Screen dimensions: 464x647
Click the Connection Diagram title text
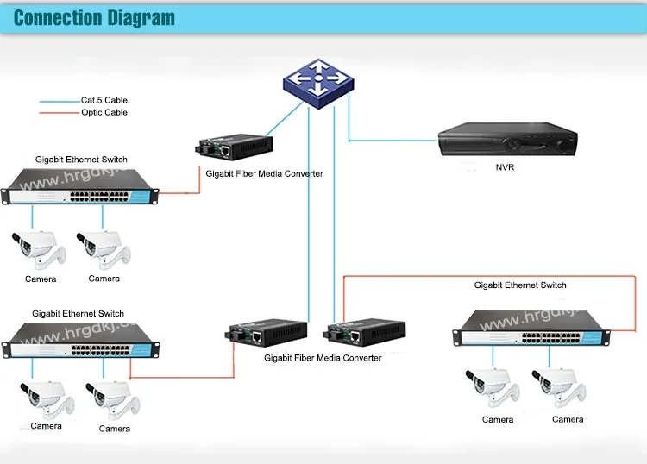click(95, 18)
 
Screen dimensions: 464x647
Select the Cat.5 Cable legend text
click(104, 101)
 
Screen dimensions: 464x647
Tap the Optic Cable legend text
click(104, 113)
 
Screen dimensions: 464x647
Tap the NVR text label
click(505, 167)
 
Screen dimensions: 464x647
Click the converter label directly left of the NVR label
click(264, 174)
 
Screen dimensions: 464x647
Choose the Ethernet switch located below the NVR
click(531, 328)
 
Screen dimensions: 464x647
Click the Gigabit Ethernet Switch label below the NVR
click(520, 285)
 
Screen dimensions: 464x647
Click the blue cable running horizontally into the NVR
click(393, 140)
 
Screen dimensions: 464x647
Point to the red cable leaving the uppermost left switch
click(178, 192)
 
